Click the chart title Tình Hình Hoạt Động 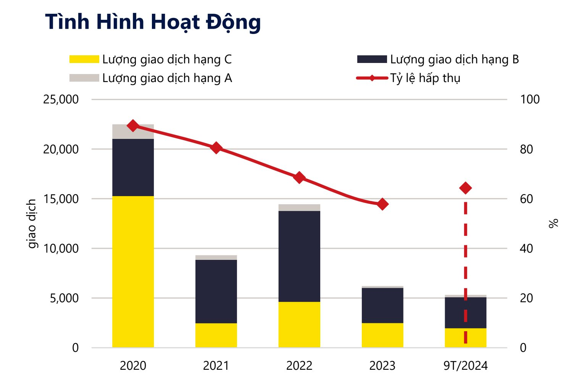coord(153,23)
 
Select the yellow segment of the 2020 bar coord(133,272)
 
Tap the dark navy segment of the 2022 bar coord(299,256)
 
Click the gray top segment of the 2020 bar coord(133,132)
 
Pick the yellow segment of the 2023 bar coord(382,335)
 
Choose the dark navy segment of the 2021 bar coord(216,292)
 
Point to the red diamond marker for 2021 coord(216,148)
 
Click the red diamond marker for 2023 coord(382,205)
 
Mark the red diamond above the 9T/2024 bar coord(466,188)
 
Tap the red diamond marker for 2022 coord(299,177)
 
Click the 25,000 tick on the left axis coord(61,99)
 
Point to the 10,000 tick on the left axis coord(61,248)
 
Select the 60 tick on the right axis coord(526,199)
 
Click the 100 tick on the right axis coord(530,99)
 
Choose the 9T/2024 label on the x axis coord(466,366)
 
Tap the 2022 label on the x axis coord(299,366)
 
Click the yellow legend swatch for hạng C coord(84,59)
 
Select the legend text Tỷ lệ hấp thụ coord(425,78)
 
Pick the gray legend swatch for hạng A coord(84,78)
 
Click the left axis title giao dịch coord(32,224)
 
